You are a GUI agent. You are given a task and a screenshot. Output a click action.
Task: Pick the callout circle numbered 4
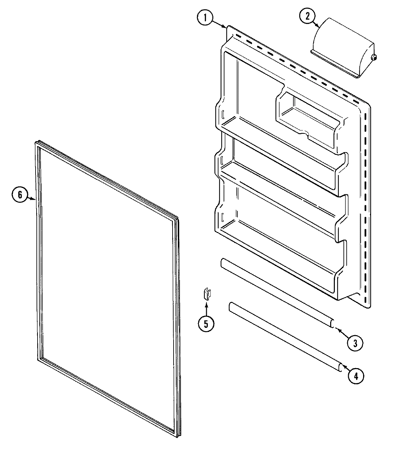tap(356, 376)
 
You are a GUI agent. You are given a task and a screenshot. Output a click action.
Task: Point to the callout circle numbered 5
tap(206, 323)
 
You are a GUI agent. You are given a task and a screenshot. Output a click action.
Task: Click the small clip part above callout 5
tap(206, 294)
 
